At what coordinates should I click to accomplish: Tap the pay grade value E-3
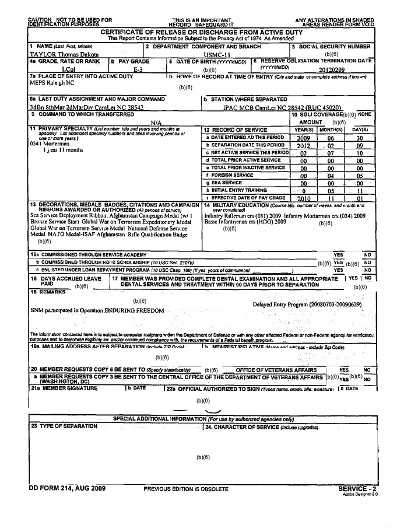(138, 68)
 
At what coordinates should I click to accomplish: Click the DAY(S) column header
(360, 129)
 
